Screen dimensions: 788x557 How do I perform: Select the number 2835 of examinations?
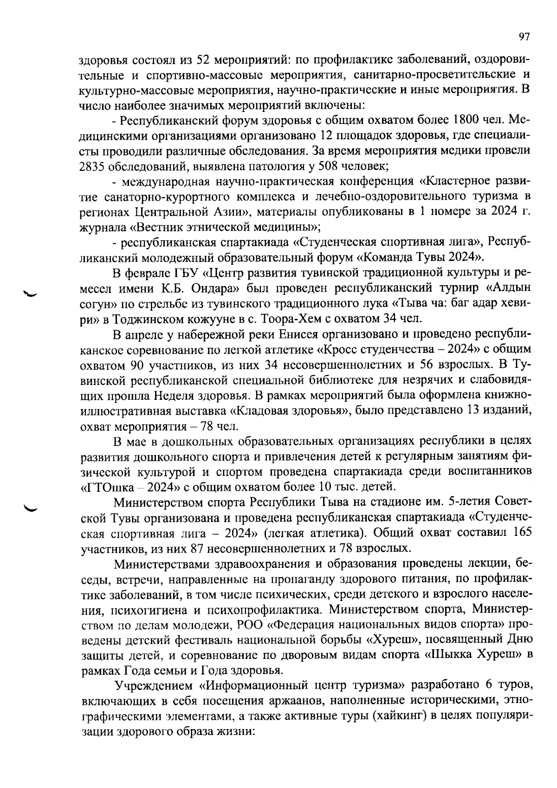pyautogui.click(x=94, y=166)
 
